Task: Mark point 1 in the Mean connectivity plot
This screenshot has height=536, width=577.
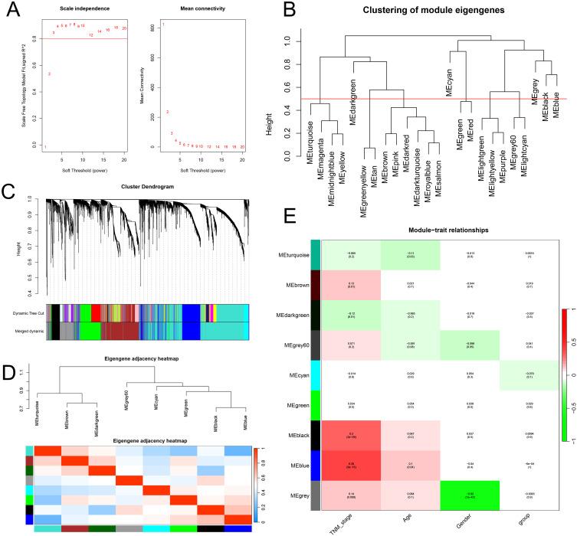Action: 163,25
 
